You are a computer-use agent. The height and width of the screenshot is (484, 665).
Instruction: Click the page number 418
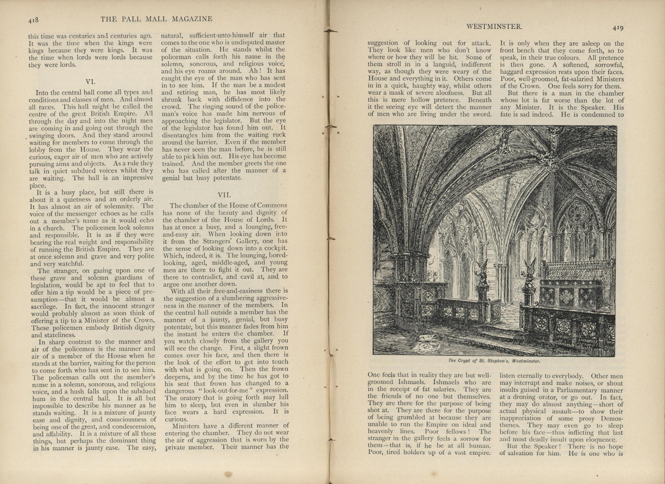coord(33,20)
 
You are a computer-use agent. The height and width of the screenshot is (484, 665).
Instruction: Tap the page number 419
coord(618,28)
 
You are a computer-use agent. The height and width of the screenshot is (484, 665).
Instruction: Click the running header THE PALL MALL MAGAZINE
coord(156,19)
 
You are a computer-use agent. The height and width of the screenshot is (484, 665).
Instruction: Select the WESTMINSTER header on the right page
coord(494,27)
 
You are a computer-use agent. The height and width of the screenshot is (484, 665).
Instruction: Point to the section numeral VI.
coord(90,82)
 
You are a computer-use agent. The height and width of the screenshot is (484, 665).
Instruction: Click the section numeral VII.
coord(224,195)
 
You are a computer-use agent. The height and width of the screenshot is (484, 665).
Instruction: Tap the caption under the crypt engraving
coord(494,361)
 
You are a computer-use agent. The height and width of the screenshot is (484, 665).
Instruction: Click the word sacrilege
coord(44,307)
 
